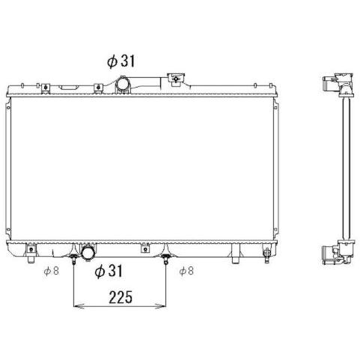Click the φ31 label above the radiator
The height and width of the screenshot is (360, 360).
pyautogui.click(x=121, y=61)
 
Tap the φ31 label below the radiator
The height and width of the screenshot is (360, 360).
pyautogui.click(x=109, y=271)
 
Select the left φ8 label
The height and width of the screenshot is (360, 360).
pyautogui.click(x=52, y=271)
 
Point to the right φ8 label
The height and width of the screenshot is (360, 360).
pyautogui.click(x=186, y=271)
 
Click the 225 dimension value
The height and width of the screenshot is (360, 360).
pyautogui.click(x=120, y=297)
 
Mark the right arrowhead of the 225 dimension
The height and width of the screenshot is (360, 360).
pyautogui.click(x=160, y=305)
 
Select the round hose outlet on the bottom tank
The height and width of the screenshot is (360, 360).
pyautogui.click(x=88, y=253)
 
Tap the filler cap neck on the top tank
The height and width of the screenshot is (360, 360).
pyautogui.click(x=176, y=79)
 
